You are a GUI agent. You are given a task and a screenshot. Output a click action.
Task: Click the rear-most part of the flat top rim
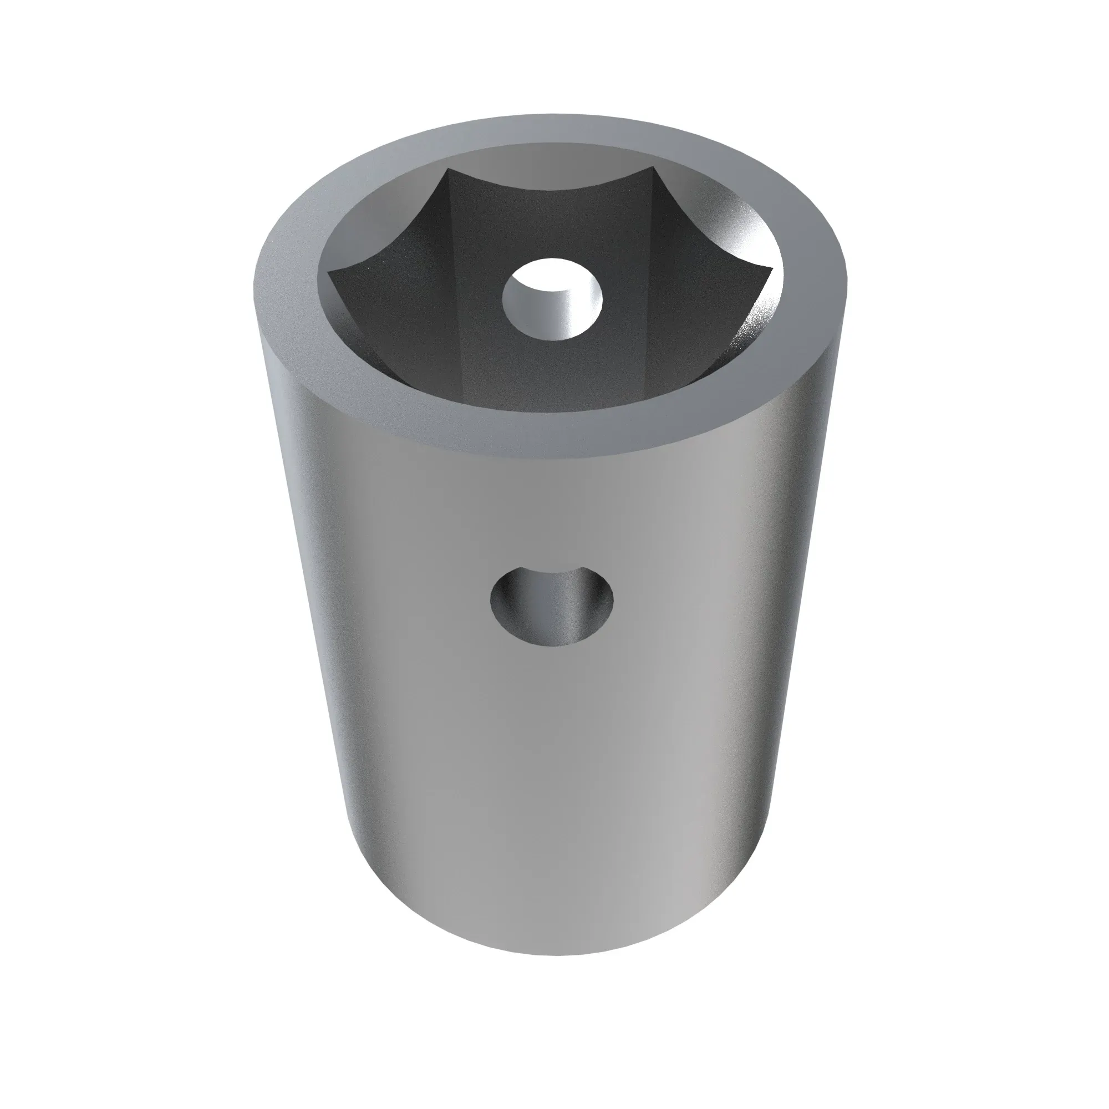click(x=551, y=127)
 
